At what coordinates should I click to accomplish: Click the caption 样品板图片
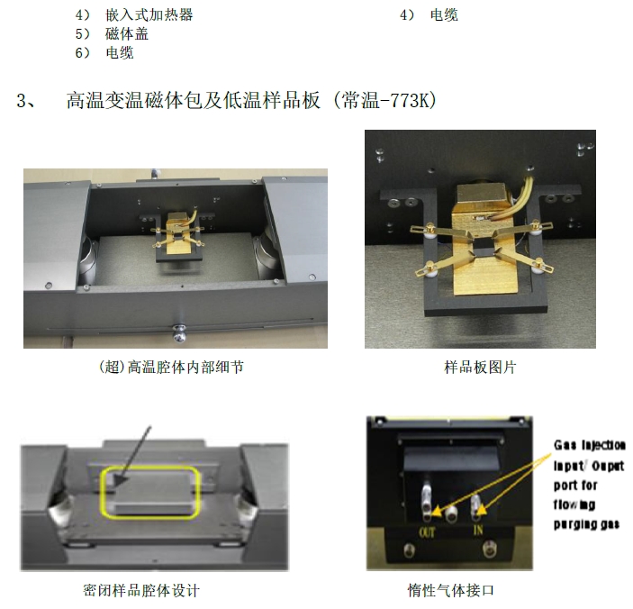point(480,368)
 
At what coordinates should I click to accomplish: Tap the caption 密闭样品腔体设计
point(141,591)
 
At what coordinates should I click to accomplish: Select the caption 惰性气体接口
point(450,590)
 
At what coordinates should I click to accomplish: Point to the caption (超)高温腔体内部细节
point(171,367)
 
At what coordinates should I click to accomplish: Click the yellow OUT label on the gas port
point(427,533)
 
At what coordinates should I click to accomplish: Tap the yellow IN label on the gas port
point(478,530)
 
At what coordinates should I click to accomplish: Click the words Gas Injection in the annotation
point(590,445)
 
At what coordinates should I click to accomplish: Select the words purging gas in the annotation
point(586,524)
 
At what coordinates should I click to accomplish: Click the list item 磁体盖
point(127,34)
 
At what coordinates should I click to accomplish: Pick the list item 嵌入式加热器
point(149,15)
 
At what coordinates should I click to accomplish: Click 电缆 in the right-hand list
point(444,15)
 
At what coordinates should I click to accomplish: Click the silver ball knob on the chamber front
point(179,332)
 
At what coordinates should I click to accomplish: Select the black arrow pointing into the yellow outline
point(132,456)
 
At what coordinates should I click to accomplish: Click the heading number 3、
point(26,100)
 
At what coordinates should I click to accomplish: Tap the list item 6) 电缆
point(104,53)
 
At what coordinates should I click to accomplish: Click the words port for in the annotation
point(575,485)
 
